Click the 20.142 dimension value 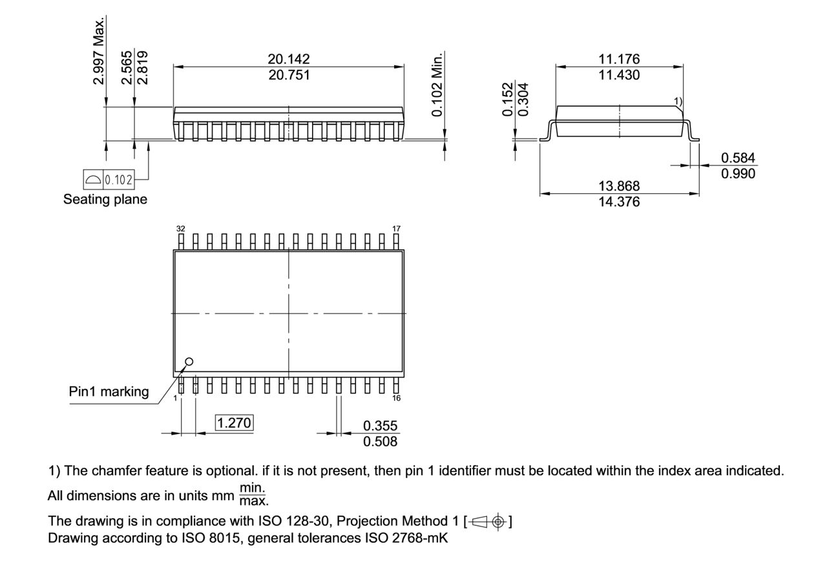click(288, 59)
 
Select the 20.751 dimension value click(288, 75)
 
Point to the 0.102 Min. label click(440, 84)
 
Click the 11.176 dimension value click(619, 59)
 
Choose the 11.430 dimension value click(619, 75)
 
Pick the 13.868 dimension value click(619, 186)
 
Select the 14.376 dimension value click(619, 202)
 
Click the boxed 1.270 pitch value click(235, 423)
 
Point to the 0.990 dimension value click(738, 174)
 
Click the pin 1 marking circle click(189, 362)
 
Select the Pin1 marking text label click(109, 392)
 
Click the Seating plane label click(105, 200)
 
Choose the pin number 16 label click(396, 398)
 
